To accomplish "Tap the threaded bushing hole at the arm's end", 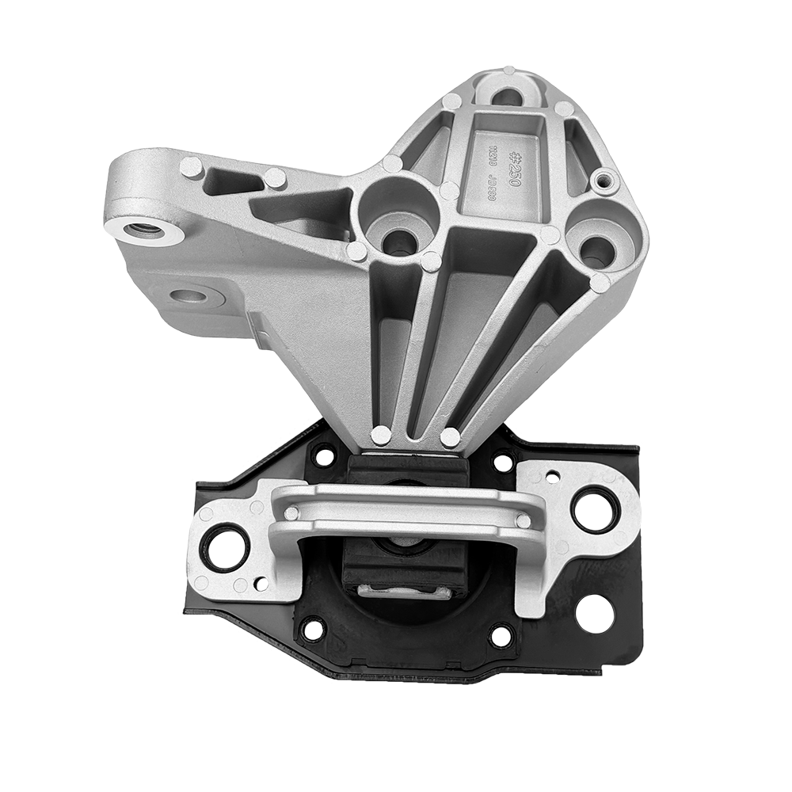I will [143, 230].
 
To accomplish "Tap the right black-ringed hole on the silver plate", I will [593, 508].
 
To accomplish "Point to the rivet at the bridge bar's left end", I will [291, 512].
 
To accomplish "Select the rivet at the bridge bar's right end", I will [523, 520].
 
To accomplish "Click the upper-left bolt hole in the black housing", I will [324, 455].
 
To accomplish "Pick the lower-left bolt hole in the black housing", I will [313, 630].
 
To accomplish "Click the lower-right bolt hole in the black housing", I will [501, 634].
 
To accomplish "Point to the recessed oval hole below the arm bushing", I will [191, 296].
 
